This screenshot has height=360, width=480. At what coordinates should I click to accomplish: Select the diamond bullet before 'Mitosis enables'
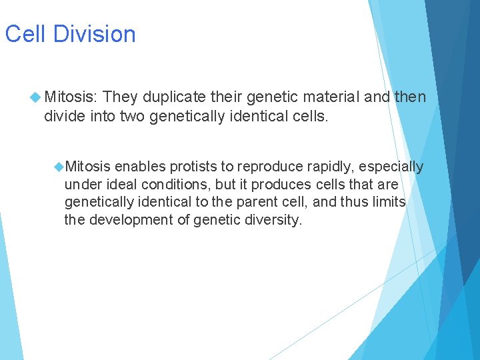pos(59,166)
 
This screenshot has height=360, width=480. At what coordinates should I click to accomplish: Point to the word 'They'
pos(121,98)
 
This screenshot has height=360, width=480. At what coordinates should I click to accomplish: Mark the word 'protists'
pos(193,166)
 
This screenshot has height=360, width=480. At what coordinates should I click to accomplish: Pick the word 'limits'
pos(388,202)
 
